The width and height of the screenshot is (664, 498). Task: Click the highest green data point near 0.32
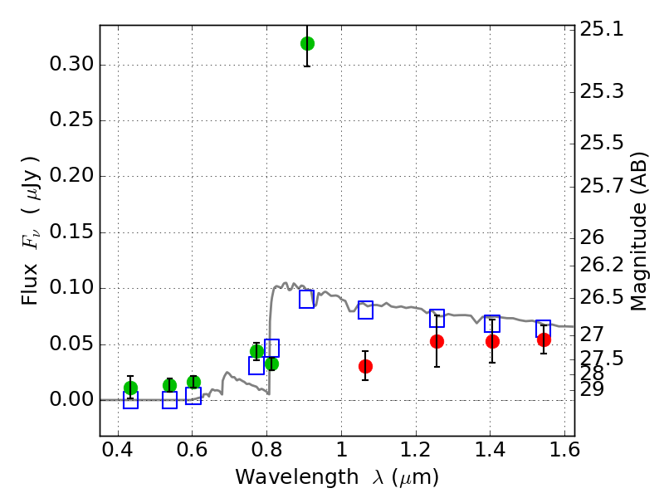point(307,43)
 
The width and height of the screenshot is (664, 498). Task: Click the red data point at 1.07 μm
point(365,366)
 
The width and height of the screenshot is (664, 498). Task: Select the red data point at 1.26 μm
point(437,341)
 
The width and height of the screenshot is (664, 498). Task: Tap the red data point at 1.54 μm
point(544,339)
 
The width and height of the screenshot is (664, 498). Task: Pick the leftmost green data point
point(130,388)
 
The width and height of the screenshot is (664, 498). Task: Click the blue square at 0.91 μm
point(307,300)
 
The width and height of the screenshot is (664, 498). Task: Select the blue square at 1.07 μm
point(365,310)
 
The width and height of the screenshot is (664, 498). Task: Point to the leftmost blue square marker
point(130,400)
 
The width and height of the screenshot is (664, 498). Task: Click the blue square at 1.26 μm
point(437,318)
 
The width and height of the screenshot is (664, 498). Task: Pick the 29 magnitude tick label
point(595,388)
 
